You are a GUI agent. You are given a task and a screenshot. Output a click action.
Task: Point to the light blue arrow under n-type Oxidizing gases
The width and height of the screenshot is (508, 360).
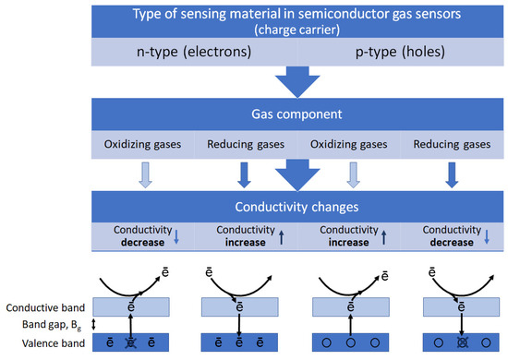(x=143, y=174)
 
